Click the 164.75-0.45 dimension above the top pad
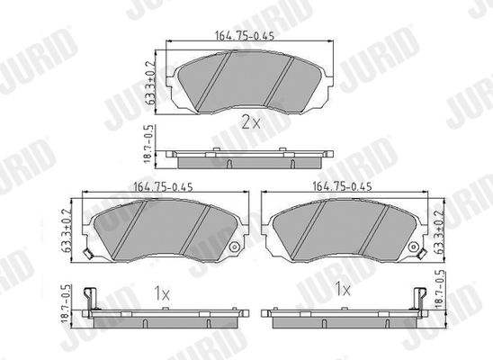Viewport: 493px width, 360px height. tap(245, 36)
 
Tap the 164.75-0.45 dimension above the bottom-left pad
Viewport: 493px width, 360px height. tap(163, 187)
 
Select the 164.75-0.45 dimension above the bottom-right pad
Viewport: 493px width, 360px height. tap(342, 186)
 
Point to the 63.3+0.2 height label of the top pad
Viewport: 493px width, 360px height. tap(150, 83)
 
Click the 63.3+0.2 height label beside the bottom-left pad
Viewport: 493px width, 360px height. tap(67, 230)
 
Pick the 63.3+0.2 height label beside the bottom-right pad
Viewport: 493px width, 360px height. tap(438, 230)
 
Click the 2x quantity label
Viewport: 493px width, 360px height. tap(251, 122)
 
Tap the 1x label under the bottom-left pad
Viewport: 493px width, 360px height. tap(162, 293)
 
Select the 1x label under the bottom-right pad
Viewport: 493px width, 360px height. tap(343, 288)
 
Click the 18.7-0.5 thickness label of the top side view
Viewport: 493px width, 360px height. tap(149, 144)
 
